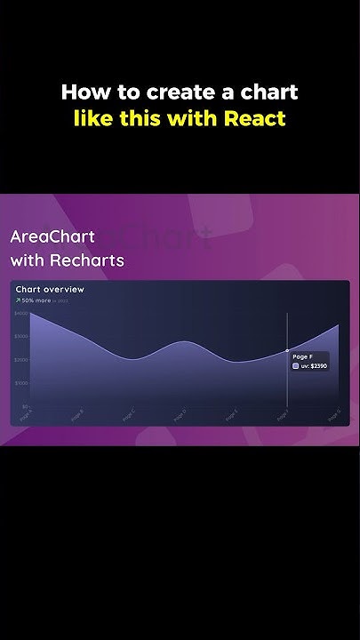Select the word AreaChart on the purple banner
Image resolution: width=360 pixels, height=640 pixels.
pyautogui.click(x=52, y=237)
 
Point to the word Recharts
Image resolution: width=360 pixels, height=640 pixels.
pyautogui.click(x=87, y=260)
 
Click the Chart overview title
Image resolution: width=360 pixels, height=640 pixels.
pyautogui.click(x=50, y=289)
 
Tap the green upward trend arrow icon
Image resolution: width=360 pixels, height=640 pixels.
pyautogui.click(x=18, y=300)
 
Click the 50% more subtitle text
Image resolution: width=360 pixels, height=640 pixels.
pyautogui.click(x=36, y=300)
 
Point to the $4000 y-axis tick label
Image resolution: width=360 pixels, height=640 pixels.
pyautogui.click(x=21, y=314)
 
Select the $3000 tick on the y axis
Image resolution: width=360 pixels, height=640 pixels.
pyautogui.click(x=21, y=337)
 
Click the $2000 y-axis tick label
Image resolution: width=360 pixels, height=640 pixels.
pyautogui.click(x=21, y=360)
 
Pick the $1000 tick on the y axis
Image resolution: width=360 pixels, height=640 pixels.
pyautogui.click(x=21, y=383)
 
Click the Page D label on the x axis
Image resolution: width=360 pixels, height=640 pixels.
pyautogui.click(x=180, y=413)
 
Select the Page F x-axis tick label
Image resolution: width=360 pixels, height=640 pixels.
pyautogui.click(x=283, y=413)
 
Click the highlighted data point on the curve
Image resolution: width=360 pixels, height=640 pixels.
pyautogui.click(x=287, y=351)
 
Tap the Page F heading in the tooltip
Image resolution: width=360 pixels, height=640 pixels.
pyautogui.click(x=302, y=356)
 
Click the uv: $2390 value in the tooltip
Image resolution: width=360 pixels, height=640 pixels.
pyautogui.click(x=315, y=365)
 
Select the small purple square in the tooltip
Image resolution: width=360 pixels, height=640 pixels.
pyautogui.click(x=296, y=365)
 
